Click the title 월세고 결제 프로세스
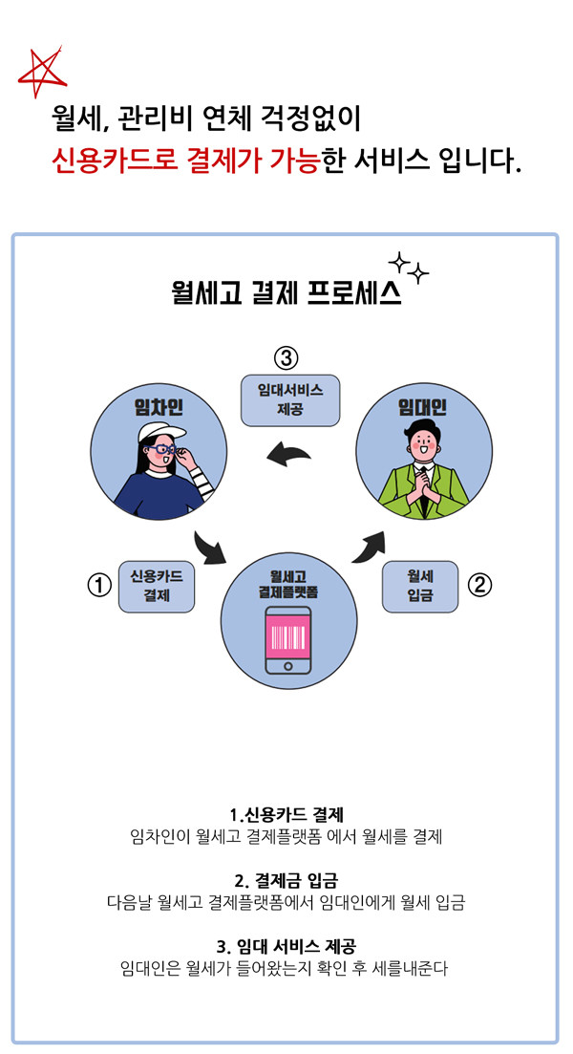pyautogui.click(x=286, y=290)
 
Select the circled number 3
pyautogui.click(x=286, y=358)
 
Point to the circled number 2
pyautogui.click(x=481, y=584)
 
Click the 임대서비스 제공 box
pyautogui.click(x=289, y=399)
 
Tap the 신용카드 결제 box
pyautogui.click(x=156, y=586)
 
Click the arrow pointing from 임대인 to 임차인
pyautogui.click(x=291, y=456)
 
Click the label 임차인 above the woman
pyautogui.click(x=159, y=407)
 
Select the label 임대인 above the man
pyautogui.click(x=422, y=407)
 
